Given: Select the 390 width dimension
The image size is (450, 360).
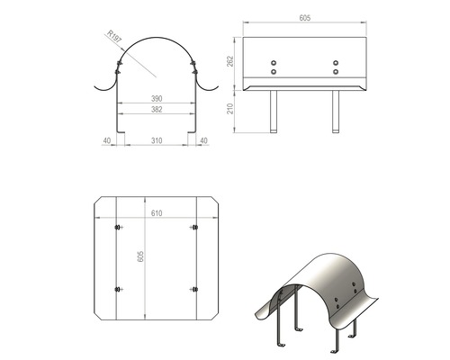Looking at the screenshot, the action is (x=157, y=98).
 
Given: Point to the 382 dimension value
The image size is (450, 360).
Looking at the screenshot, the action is (x=157, y=110).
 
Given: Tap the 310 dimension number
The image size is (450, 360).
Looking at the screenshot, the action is (x=157, y=140).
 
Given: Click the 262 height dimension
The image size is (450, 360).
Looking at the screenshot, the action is (x=230, y=61).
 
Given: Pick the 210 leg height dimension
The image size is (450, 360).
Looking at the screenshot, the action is (x=230, y=109).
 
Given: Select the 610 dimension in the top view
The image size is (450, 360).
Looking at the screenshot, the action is (x=157, y=213).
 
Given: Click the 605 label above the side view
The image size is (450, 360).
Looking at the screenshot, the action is (x=305, y=18).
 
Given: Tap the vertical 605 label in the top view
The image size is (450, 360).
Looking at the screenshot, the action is (x=140, y=256).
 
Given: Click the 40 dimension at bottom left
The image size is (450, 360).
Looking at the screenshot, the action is (x=107, y=140).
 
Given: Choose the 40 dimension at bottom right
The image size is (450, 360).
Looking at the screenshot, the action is (x=203, y=140).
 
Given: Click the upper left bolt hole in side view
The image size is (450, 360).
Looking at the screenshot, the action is (x=274, y=63).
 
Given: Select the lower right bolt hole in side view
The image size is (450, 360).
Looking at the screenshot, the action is (x=336, y=72).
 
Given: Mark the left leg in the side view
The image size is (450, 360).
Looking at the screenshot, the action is (x=274, y=112).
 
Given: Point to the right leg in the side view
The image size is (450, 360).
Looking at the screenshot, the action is (x=336, y=112).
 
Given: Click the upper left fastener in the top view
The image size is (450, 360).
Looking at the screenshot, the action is (x=119, y=227).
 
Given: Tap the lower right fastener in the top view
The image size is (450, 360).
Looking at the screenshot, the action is (x=194, y=289).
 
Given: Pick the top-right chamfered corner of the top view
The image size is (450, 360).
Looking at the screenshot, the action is (x=215, y=201).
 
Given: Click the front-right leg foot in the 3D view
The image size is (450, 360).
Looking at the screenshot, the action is (x=334, y=351).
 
